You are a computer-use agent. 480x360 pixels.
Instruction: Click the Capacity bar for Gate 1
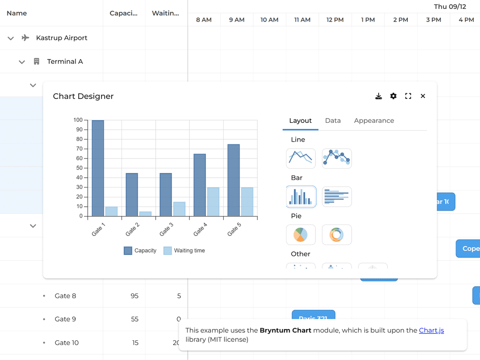click(98, 168)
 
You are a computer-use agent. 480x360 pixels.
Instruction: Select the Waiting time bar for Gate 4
click(213, 202)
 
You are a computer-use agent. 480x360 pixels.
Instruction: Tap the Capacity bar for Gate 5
click(233, 180)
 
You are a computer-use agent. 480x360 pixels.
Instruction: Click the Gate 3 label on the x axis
click(166, 229)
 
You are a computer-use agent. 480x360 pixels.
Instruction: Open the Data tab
click(333, 120)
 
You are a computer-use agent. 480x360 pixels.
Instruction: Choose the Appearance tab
click(374, 120)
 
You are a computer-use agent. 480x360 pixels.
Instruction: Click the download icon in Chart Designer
click(379, 96)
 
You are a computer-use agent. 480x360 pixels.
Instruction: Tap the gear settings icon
click(393, 96)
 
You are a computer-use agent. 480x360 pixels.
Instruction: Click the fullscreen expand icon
click(408, 96)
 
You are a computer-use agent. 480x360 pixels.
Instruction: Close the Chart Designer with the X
click(423, 96)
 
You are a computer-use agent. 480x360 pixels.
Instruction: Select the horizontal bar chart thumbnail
click(337, 197)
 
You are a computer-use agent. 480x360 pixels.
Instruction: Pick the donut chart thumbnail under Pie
click(337, 235)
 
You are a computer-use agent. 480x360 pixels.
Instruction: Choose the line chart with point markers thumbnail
click(337, 158)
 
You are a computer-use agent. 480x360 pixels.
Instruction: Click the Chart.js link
click(431, 330)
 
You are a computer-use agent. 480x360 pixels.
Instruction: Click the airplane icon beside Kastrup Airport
click(26, 38)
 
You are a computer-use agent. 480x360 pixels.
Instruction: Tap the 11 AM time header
click(302, 20)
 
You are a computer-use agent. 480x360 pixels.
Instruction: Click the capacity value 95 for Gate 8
click(135, 296)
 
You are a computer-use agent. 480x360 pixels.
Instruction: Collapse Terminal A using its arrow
click(22, 62)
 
